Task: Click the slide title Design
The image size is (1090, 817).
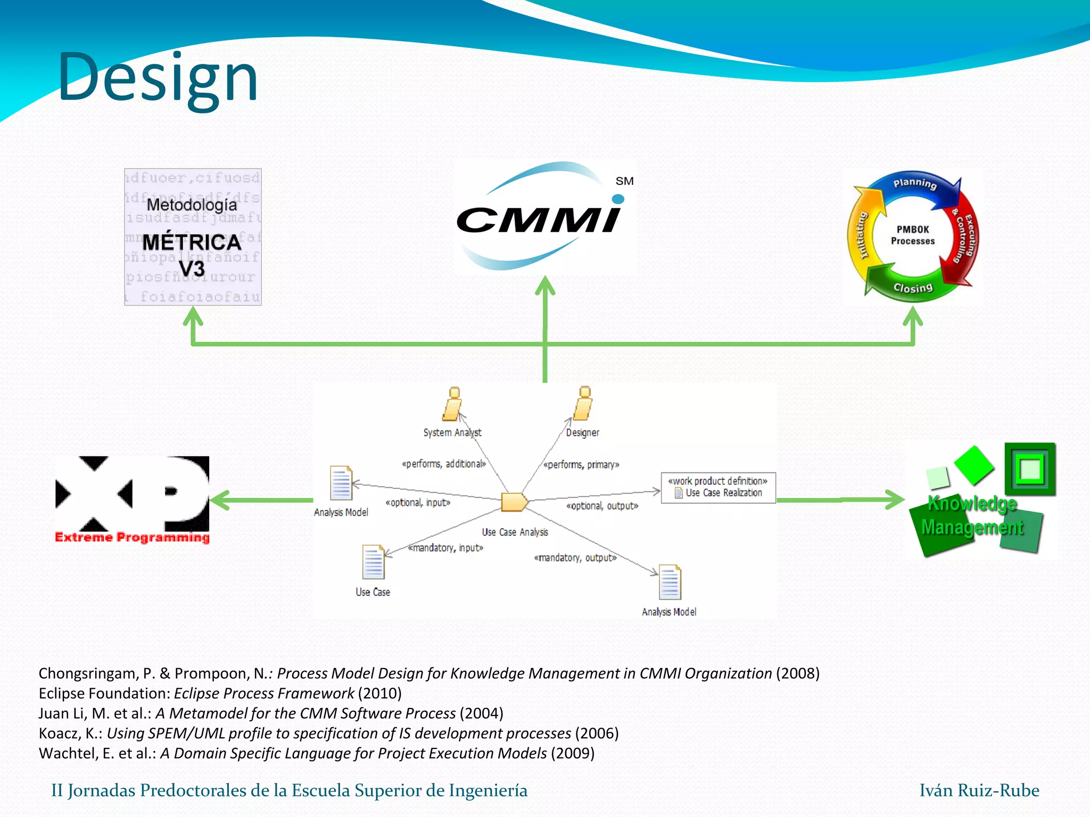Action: point(158,78)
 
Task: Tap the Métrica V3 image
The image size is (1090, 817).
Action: point(193,237)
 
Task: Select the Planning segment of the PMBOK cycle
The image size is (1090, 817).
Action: point(914,184)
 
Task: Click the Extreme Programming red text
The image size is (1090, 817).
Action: point(132,537)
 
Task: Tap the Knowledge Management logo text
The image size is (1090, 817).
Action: point(972,515)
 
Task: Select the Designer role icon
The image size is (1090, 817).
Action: point(583,404)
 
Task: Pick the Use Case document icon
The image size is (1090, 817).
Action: point(373,562)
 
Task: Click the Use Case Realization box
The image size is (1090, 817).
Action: point(718,487)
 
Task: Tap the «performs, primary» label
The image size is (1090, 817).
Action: point(581,465)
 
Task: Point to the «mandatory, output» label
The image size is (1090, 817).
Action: point(575,557)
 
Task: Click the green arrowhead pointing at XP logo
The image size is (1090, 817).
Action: point(219,500)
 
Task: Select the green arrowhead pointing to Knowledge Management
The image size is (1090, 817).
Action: point(895,499)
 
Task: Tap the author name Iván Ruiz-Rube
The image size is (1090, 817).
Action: point(979,790)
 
